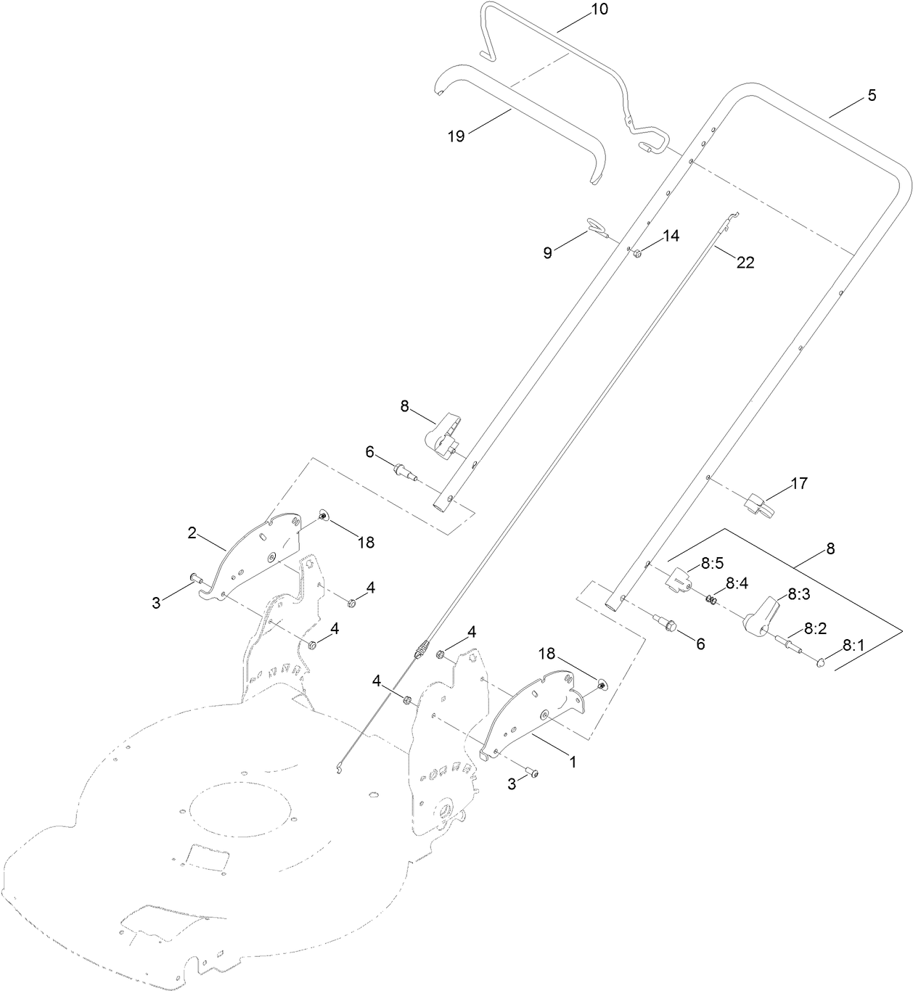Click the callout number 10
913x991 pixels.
coord(600,10)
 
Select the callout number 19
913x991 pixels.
coord(456,136)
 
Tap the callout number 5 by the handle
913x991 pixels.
coord(872,95)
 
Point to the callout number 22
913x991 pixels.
coord(745,263)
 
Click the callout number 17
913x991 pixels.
coord(798,483)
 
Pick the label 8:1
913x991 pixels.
coord(856,644)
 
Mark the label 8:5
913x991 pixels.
coord(713,562)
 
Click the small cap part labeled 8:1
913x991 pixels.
coord(821,660)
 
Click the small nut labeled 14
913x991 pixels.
coord(636,252)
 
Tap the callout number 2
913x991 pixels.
coord(192,533)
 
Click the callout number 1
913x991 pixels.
coord(572,762)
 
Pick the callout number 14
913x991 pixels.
coord(670,236)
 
